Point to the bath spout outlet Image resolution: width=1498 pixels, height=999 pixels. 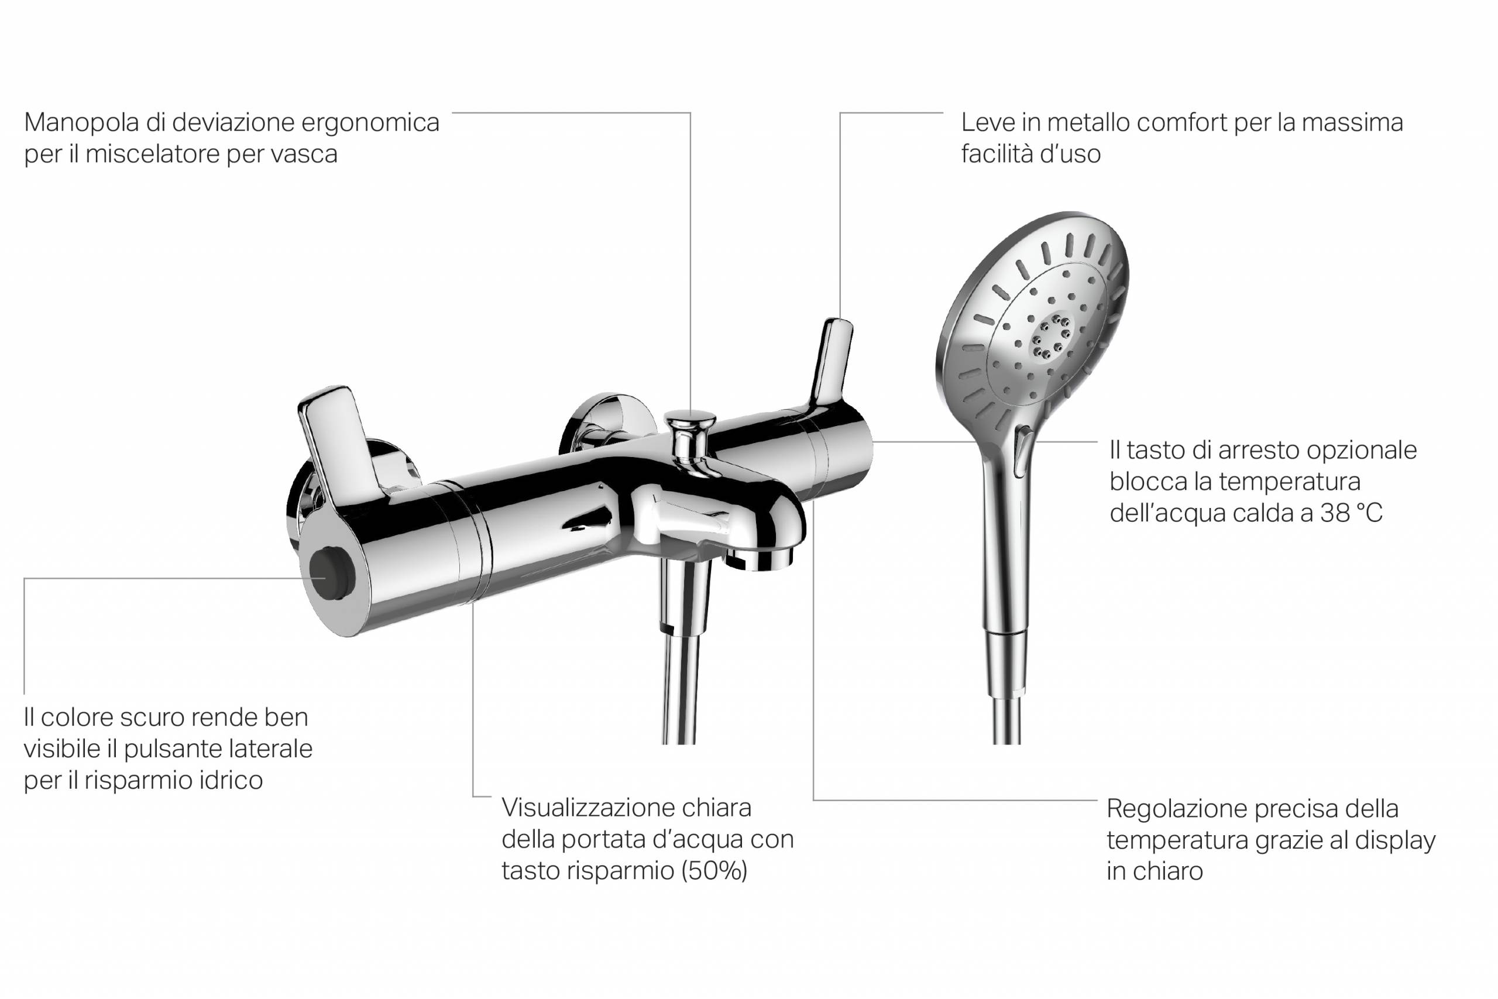point(760,559)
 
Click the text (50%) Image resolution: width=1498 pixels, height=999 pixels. point(714,871)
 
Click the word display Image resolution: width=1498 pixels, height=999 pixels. point(1395,841)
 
